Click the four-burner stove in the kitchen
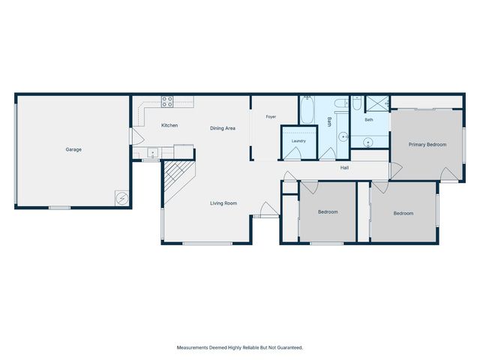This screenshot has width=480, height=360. click(167, 102)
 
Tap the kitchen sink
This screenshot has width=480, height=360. click(152, 152)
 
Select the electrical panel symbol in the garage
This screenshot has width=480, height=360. click(121, 198)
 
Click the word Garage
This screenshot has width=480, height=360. click(73, 150)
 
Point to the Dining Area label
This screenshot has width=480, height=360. click(223, 128)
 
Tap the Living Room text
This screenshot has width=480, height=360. click(223, 203)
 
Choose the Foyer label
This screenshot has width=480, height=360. click(271, 117)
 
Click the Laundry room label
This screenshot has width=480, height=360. click(298, 141)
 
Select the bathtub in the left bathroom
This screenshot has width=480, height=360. click(307, 110)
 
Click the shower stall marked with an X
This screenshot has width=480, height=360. click(378, 103)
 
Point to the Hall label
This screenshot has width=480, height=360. click(344, 168)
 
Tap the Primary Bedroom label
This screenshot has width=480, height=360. click(427, 145)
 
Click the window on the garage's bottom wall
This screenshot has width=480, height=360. click(60, 208)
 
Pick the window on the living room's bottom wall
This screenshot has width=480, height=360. click(208, 243)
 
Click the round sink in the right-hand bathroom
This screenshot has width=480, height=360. click(367, 142)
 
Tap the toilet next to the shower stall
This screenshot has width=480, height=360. click(357, 103)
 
